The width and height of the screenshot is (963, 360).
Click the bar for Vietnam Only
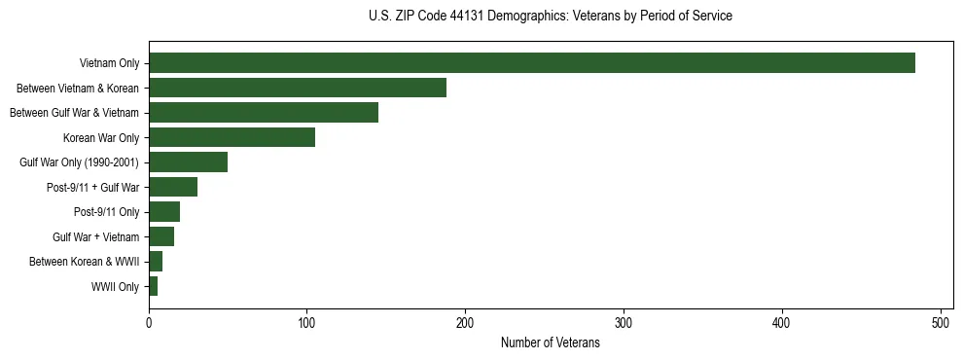(x=532, y=63)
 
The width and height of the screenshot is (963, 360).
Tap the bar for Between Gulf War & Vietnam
(x=264, y=113)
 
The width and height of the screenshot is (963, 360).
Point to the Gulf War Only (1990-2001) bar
(x=188, y=162)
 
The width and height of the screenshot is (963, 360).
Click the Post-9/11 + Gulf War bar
(x=173, y=187)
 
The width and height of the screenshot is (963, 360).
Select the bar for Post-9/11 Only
(x=164, y=212)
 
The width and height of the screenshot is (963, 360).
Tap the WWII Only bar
(x=153, y=286)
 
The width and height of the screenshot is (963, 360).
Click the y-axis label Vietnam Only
(x=109, y=64)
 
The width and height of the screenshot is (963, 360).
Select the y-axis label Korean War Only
(x=101, y=138)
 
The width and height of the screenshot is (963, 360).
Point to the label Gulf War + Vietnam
(x=95, y=237)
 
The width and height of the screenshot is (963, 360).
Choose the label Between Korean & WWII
(x=84, y=262)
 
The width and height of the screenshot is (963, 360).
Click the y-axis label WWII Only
(x=115, y=287)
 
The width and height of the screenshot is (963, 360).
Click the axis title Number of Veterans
(x=550, y=343)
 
